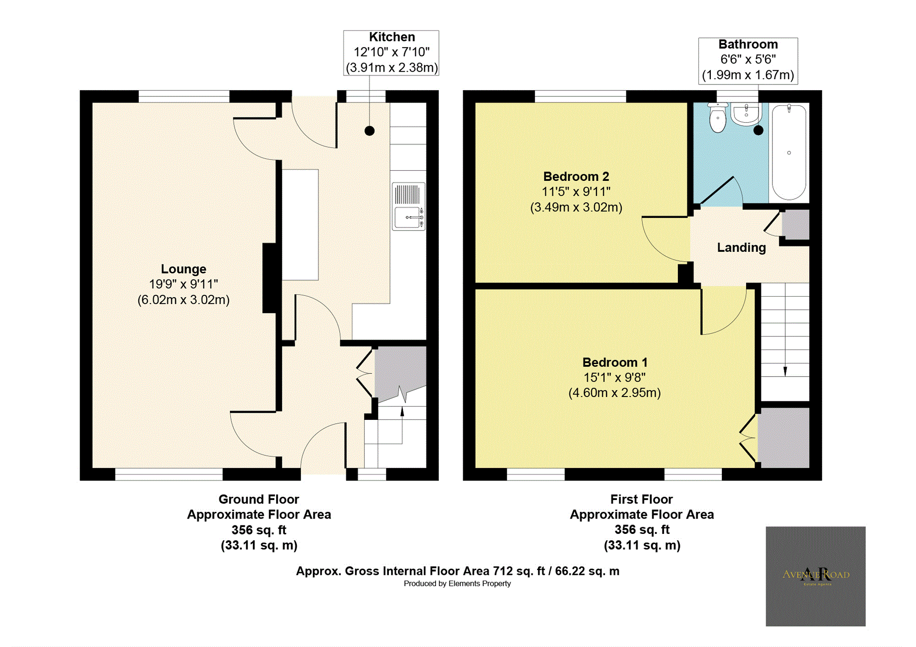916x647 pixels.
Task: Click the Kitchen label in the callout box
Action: [392, 37]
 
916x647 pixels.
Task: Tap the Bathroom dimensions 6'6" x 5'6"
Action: [748, 60]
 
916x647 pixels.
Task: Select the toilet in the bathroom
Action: [718, 118]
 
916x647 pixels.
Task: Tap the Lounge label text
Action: [183, 269]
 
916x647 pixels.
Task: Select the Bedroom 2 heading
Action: [576, 177]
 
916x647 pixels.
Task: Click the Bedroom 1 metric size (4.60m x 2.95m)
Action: [614, 393]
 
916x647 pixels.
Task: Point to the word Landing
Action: [741, 248]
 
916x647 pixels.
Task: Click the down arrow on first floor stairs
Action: [785, 371]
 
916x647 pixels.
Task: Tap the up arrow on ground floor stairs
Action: [402, 412]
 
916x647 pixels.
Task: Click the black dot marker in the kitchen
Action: [369, 131]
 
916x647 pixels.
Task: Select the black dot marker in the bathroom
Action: [758, 130]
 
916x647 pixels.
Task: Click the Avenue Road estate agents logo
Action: [815, 576]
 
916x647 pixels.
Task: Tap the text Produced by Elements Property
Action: [457, 584]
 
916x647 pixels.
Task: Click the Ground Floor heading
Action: [259, 499]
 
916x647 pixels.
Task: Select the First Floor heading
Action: [641, 499]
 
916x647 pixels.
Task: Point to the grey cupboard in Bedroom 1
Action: [783, 438]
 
